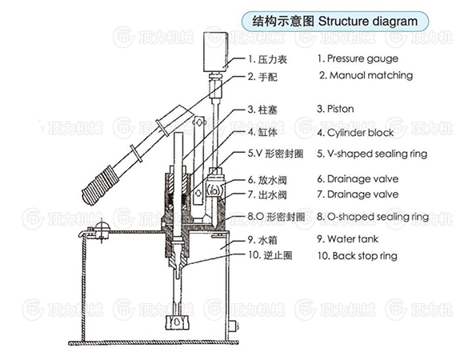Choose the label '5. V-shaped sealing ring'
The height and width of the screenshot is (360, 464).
(371, 154)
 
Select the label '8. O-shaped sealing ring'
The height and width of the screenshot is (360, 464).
(372, 216)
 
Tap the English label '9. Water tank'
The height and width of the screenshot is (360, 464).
(349, 238)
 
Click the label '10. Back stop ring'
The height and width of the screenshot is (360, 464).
(357, 256)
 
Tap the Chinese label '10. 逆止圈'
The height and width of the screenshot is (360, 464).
(269, 256)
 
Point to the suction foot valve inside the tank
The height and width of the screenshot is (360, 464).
(176, 323)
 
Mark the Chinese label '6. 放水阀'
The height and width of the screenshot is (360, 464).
(266, 178)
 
